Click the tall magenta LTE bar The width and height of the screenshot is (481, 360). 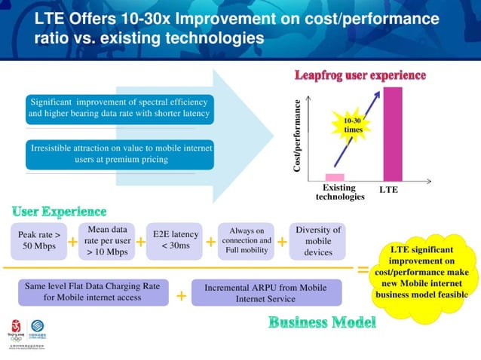click(x=393, y=133)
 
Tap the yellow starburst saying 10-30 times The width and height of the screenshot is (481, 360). click(x=353, y=125)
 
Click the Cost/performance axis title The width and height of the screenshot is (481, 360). click(x=298, y=136)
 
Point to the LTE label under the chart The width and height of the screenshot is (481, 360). click(x=389, y=190)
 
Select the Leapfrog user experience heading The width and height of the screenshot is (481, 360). click(x=360, y=75)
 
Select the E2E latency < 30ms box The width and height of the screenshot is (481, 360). click(x=175, y=240)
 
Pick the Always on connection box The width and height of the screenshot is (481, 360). click(x=246, y=240)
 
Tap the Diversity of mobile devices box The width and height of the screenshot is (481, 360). click(x=317, y=240)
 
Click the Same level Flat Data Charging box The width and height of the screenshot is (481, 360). click(x=92, y=292)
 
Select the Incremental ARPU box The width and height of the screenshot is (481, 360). click(x=265, y=292)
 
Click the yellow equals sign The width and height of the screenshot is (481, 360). click(x=363, y=269)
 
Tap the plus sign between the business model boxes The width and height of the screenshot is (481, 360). click(x=181, y=296)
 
